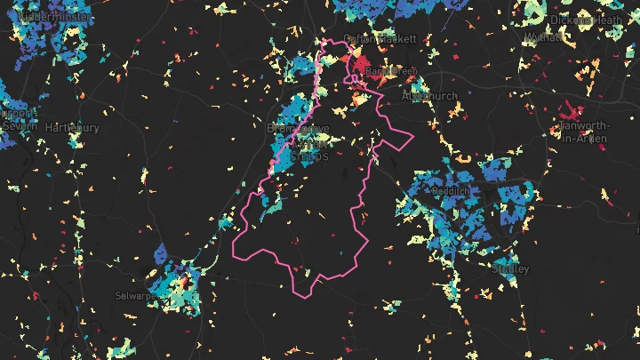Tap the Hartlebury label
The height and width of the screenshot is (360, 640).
[x=71, y=128]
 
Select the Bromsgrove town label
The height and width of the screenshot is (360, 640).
[x=298, y=129]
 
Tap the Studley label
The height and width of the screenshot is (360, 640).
[x=509, y=268]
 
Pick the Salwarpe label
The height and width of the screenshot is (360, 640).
[x=136, y=294]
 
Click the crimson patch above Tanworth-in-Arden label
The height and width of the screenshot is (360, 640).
[x=567, y=110]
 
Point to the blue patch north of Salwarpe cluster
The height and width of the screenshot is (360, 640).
[x=161, y=253]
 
